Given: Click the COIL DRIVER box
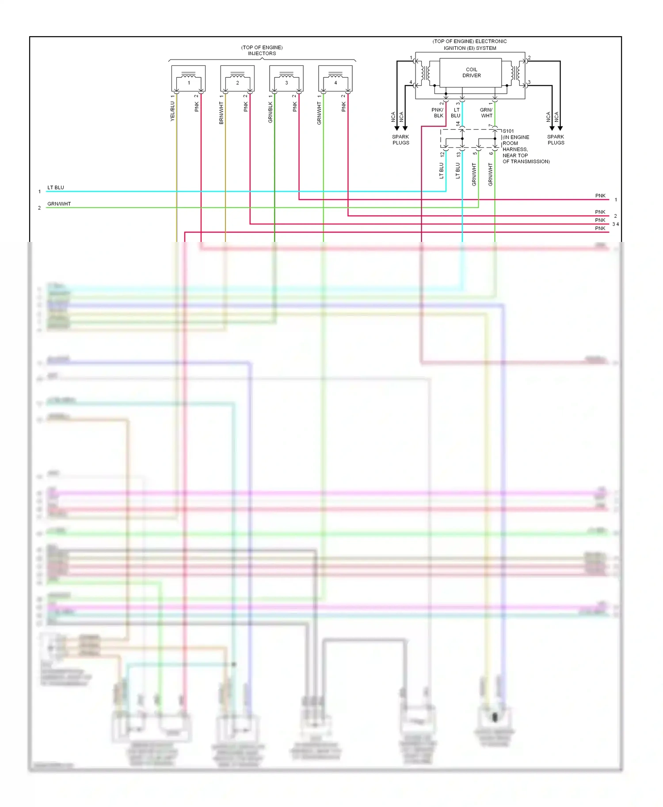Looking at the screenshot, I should coord(471,72).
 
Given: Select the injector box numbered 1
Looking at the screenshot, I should coord(188,79).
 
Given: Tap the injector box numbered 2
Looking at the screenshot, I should coord(237,79).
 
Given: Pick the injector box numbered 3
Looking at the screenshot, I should coord(286,79).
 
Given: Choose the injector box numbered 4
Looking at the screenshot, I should coord(335,79).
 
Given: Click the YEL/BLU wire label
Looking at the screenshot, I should coord(172,111).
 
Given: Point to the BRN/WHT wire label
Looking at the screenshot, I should coord(221,113).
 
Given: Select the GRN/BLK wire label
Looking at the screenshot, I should coord(271,113).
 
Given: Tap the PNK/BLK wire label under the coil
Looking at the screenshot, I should coord(438,113).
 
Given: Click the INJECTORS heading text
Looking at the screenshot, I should coord(262,53).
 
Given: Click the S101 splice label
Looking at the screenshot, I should coord(508,131).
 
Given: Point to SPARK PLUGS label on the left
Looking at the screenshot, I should coord(400,140).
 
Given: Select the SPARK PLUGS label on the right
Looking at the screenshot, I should coord(556,140).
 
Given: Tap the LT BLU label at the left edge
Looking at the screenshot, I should coord(56,188).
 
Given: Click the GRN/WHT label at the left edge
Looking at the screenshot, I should coord(59,204).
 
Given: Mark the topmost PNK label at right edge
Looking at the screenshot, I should coord(600,196).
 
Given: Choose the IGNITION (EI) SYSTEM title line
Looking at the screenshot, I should coord(470,48).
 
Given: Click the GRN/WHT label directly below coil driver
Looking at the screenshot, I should coord(486,113).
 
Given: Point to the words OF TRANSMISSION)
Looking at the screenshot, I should coord(526,162).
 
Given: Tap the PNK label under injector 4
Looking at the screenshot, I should coord(343,106).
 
